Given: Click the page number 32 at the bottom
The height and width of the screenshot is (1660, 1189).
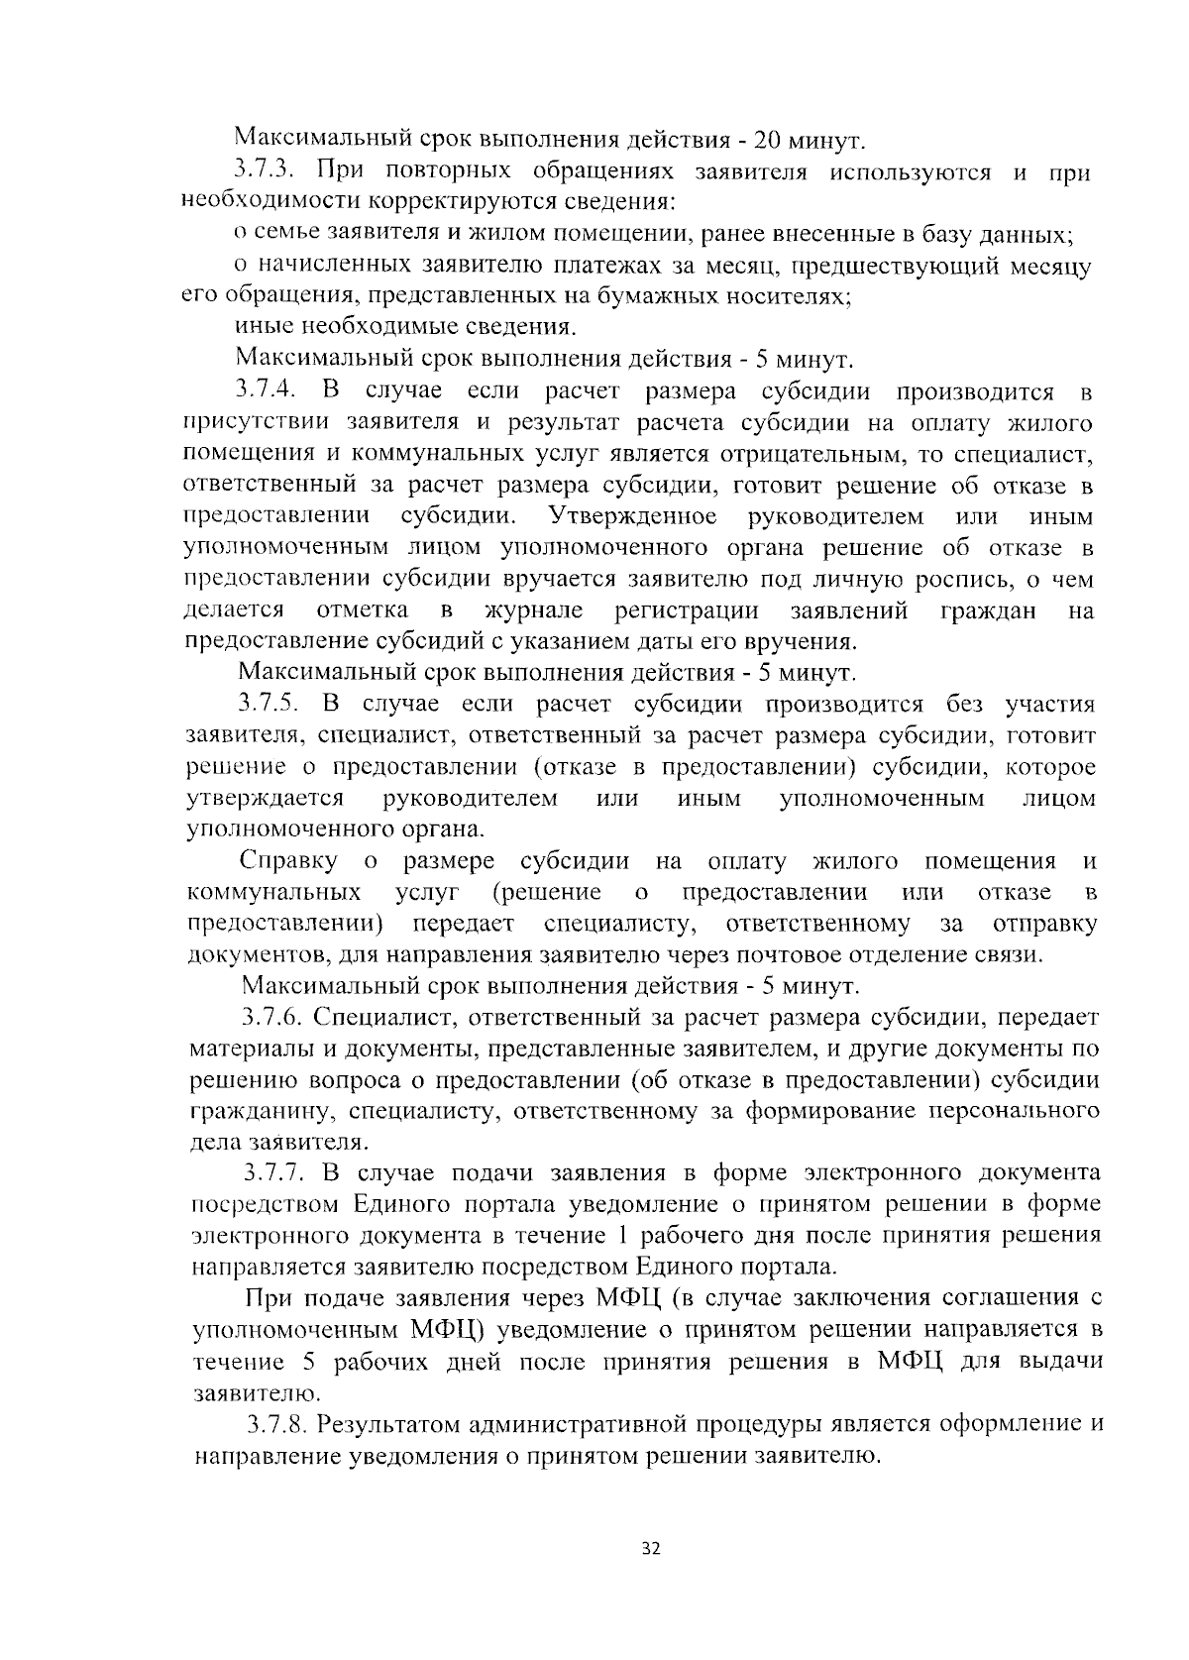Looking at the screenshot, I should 651,1549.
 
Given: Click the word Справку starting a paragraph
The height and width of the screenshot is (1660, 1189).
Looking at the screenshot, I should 290,860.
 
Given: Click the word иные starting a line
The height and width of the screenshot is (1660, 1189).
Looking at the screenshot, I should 263,326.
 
